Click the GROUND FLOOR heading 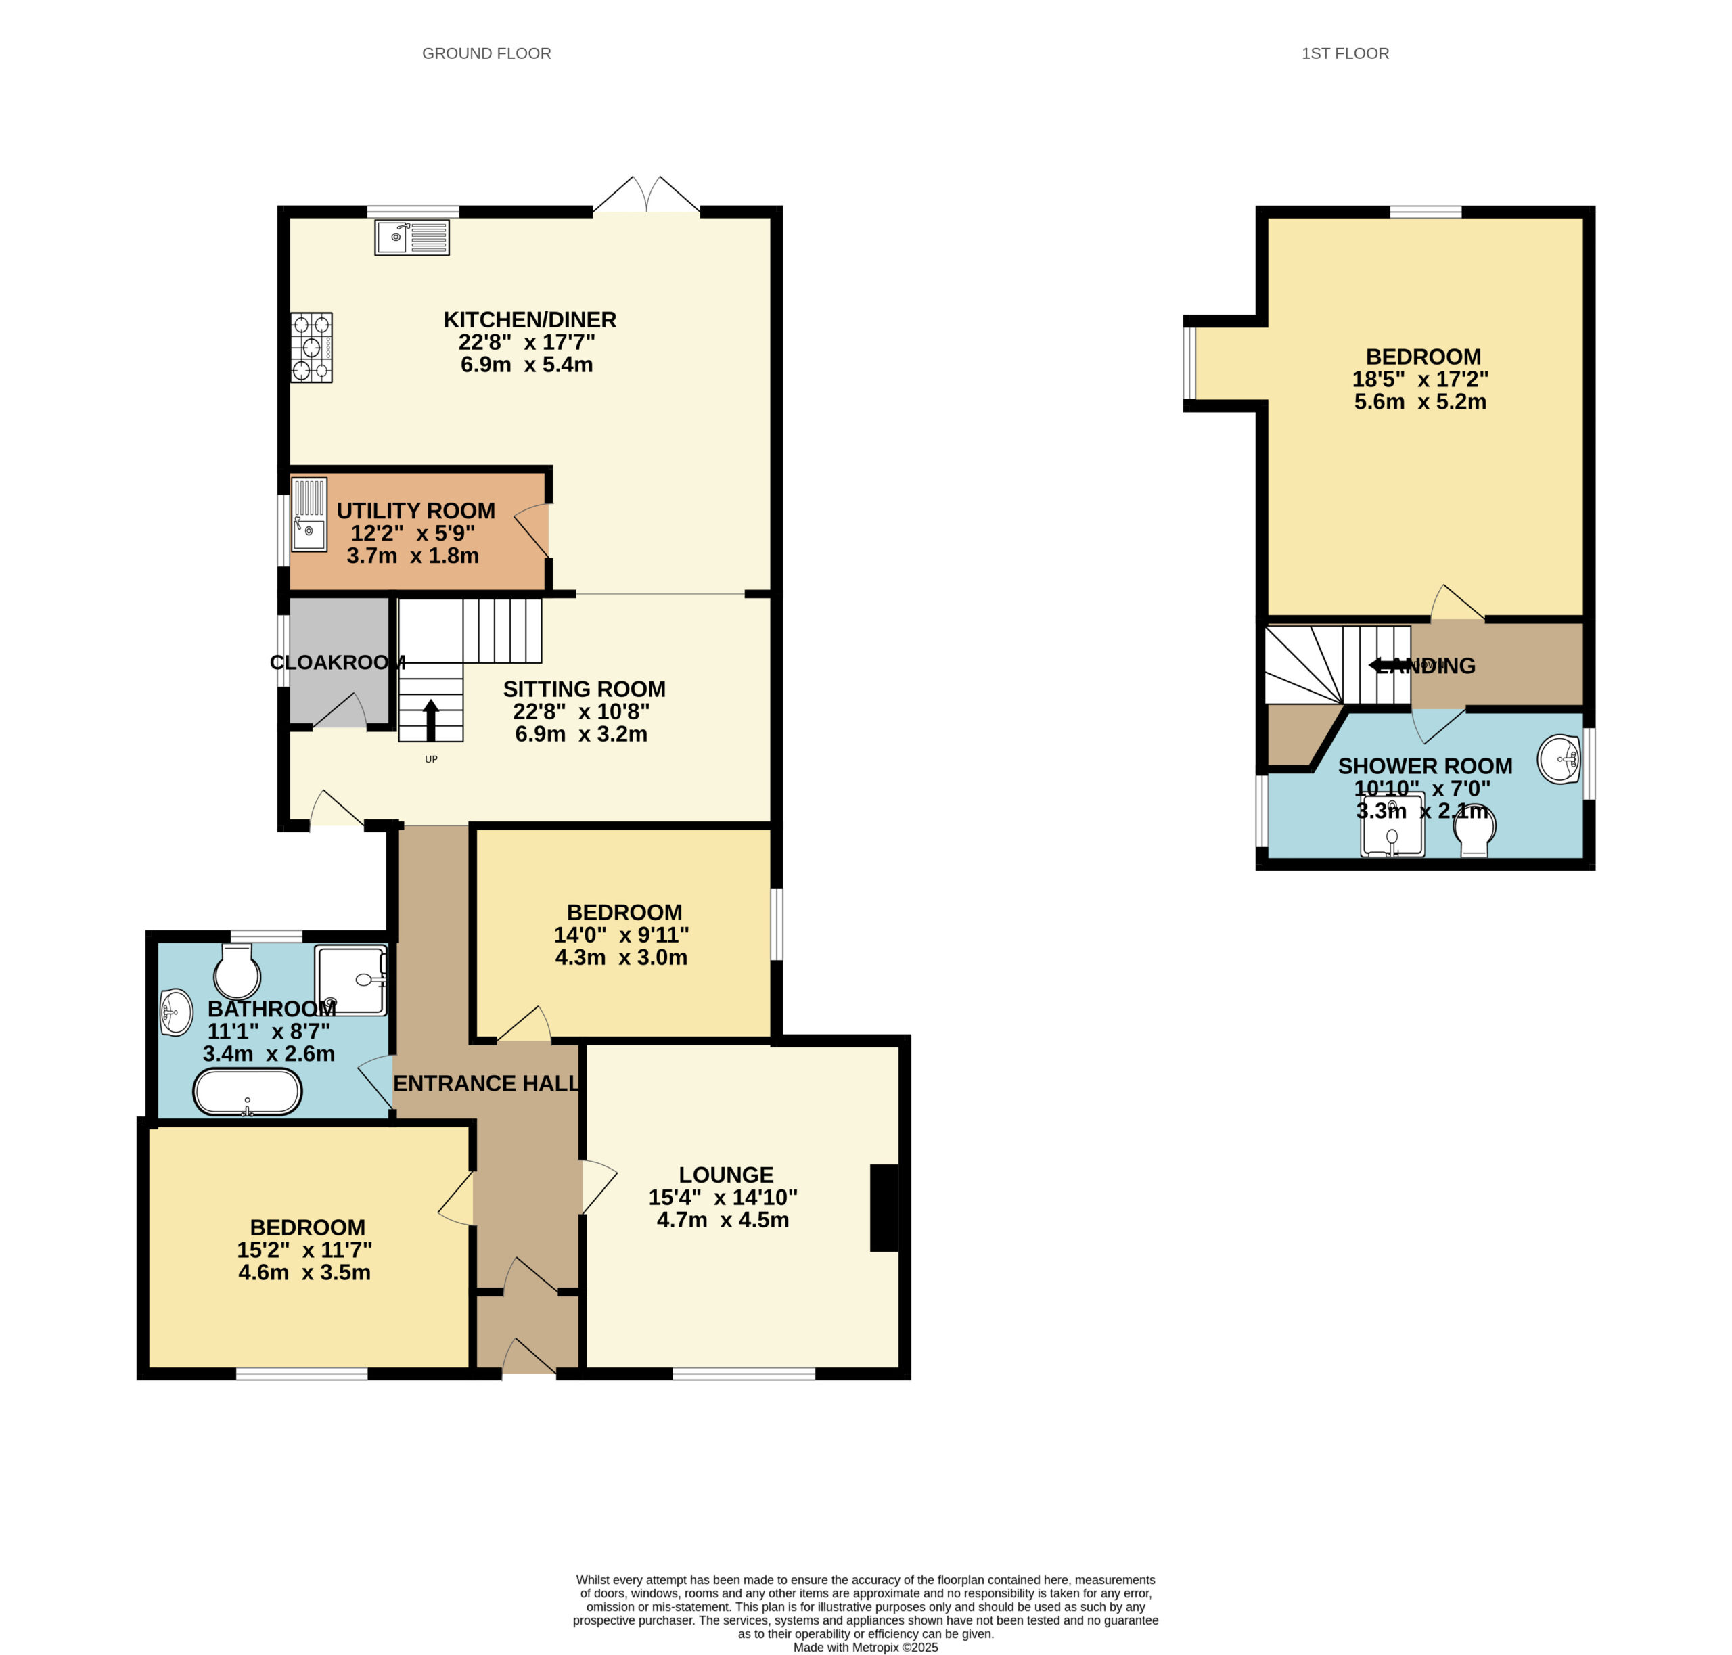pyautogui.click(x=486, y=54)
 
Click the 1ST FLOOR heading pyautogui.click(x=1344, y=54)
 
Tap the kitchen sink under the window pyautogui.click(x=412, y=237)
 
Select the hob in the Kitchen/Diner pyautogui.click(x=311, y=348)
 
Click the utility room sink pyautogui.click(x=309, y=514)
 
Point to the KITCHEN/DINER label pyautogui.click(x=529, y=320)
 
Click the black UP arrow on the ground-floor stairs pyautogui.click(x=430, y=720)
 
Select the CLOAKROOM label pyautogui.click(x=338, y=662)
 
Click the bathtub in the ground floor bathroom pyautogui.click(x=248, y=1092)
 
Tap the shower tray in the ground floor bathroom pyautogui.click(x=351, y=980)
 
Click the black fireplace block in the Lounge pyautogui.click(x=884, y=1208)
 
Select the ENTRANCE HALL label pyautogui.click(x=486, y=1083)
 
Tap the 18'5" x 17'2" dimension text pyautogui.click(x=1421, y=380)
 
